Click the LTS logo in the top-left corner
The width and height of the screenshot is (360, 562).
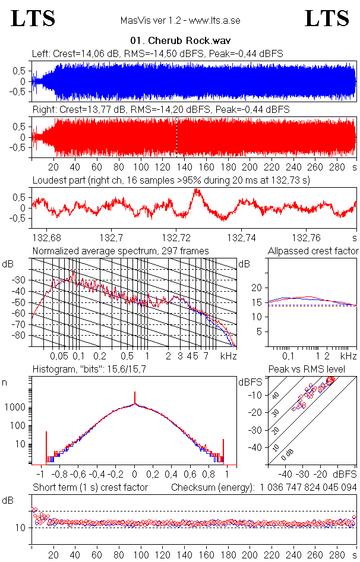coord(33,18)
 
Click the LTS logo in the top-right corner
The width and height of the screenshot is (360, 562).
coord(327,18)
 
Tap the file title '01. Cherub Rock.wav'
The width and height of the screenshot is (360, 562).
coord(180,42)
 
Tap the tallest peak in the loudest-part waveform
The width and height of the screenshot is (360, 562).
coord(196,191)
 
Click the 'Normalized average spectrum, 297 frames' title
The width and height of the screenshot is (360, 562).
coord(121,251)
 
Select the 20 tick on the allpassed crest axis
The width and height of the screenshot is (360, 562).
coord(257,288)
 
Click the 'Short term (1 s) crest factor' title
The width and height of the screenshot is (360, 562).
coord(90,487)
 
